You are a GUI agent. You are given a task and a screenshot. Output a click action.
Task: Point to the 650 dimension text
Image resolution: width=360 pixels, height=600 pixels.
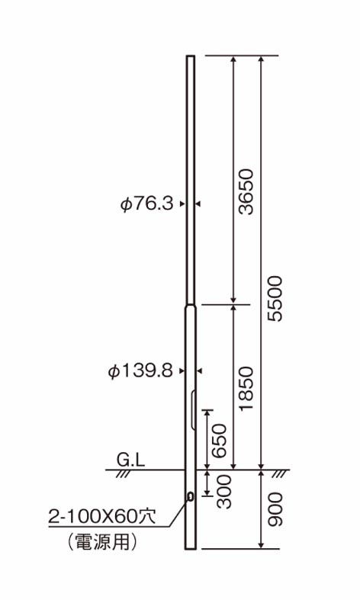(219, 441)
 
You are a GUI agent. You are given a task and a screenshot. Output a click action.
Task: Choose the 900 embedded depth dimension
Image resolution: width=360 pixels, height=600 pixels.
(275, 509)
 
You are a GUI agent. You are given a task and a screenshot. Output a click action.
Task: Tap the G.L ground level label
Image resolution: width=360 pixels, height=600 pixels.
(131, 460)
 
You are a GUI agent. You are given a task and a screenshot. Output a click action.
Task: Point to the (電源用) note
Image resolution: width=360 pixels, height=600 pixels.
(101, 543)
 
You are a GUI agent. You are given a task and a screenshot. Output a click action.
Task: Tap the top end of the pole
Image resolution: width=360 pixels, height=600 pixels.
(190, 56)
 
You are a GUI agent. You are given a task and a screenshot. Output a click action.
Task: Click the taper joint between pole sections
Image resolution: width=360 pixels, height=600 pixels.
(190, 303)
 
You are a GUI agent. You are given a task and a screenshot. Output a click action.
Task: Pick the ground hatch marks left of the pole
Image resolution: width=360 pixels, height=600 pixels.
(124, 473)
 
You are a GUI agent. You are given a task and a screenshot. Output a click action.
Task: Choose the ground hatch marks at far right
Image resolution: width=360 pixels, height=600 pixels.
(281, 473)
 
